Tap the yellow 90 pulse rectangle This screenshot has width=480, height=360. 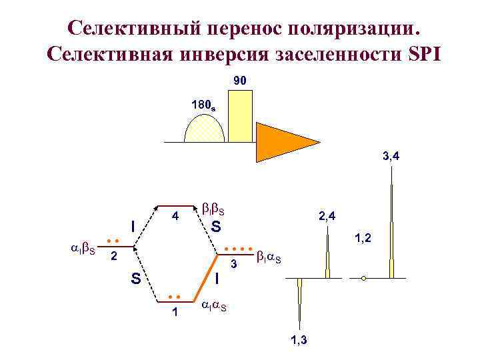[240, 117]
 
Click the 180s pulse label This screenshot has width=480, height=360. [203, 105]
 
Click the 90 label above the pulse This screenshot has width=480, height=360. [241, 81]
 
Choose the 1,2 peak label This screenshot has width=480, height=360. [364, 237]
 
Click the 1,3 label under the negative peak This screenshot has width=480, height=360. [299, 340]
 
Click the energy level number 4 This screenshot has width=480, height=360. [174, 217]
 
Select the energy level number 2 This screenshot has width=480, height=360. [115, 255]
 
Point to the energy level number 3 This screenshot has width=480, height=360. [234, 265]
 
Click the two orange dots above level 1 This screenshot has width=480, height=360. [175, 295]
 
